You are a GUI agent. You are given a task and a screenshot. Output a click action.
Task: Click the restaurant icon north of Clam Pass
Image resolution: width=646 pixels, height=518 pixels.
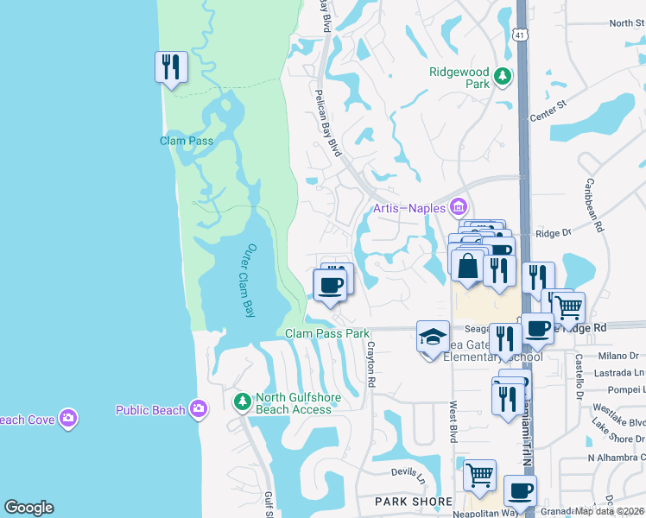tap(171, 66)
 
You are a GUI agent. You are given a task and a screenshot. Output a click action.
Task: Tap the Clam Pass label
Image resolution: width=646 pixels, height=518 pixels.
tap(187, 140)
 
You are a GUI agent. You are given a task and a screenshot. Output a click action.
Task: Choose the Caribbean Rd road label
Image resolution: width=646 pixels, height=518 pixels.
tap(593, 204)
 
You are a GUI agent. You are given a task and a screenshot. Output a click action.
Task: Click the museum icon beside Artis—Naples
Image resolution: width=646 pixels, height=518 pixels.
tap(459, 207)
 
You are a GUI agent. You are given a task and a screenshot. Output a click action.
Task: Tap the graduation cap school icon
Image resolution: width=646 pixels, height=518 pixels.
tap(433, 336)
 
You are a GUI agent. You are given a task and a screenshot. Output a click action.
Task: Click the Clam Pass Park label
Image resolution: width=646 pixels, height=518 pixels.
tap(327, 333)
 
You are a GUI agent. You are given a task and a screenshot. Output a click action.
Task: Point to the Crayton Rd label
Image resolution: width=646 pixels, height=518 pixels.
tap(371, 370)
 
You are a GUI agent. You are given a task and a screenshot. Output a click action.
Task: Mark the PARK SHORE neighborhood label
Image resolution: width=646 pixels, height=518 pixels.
tap(413, 502)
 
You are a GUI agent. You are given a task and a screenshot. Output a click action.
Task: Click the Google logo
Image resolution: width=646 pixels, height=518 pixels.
tap(29, 509)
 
